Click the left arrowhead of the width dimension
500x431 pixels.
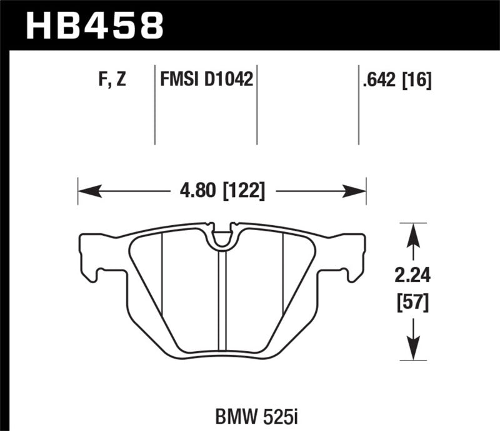[x=84, y=190]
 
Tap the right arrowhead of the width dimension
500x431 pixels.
[x=359, y=190]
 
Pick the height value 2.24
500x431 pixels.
[x=411, y=274]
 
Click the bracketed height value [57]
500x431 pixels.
[x=411, y=304]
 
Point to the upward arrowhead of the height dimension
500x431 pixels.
[x=411, y=231]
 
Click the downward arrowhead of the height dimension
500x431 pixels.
[x=411, y=351]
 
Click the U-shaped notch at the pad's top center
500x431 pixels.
[x=222, y=236]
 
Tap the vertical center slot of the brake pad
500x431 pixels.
[x=222, y=299]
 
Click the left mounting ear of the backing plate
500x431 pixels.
[x=91, y=256]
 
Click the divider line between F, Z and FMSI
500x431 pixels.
[x=155, y=103]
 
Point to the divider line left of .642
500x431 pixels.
[x=358, y=103]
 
